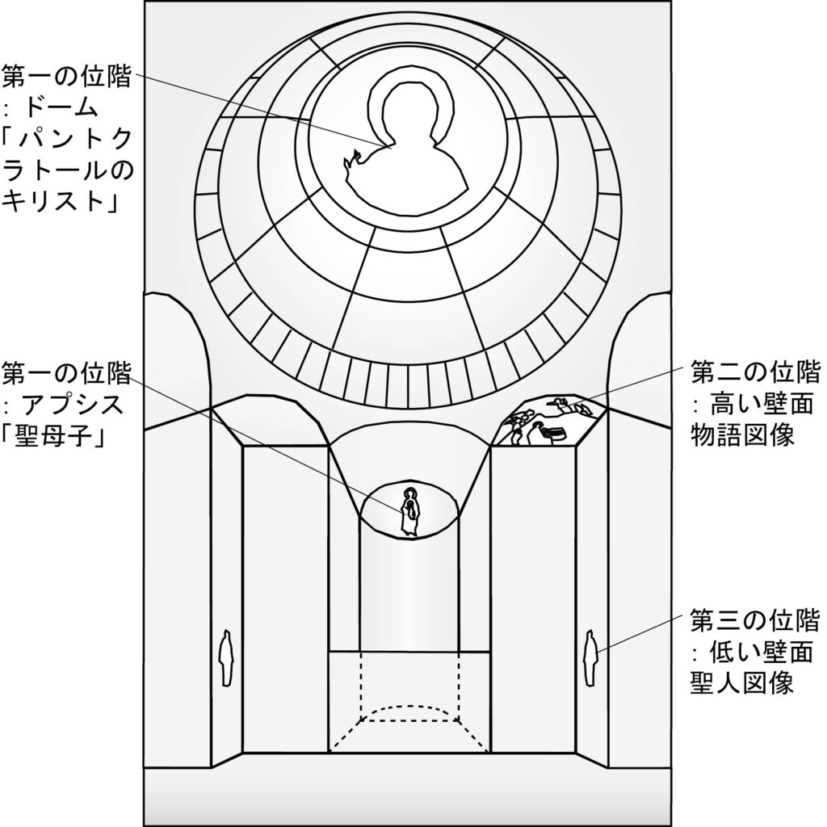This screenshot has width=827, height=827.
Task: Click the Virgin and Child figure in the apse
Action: coord(409,512)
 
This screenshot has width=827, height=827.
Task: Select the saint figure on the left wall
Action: coord(228,657)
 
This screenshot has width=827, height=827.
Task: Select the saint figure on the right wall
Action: coord(591,657)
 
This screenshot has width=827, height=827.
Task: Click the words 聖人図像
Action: coord(743,682)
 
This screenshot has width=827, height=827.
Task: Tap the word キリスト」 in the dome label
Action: coord(61,203)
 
